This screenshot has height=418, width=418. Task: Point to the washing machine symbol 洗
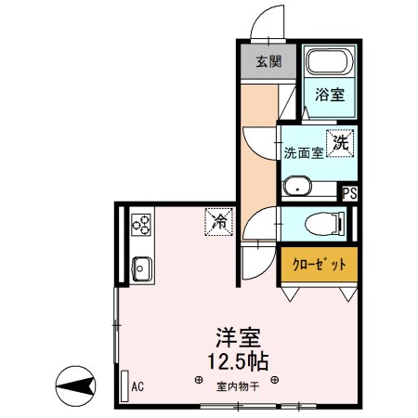(341, 143)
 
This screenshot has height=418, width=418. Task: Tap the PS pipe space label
(349, 194)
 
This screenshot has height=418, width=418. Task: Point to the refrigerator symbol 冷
(220, 222)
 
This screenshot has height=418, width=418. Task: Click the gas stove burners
(141, 225)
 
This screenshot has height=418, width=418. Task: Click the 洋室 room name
(239, 337)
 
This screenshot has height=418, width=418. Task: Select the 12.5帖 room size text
(237, 360)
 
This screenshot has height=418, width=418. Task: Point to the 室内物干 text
(238, 386)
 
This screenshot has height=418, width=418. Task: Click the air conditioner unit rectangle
(122, 384)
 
